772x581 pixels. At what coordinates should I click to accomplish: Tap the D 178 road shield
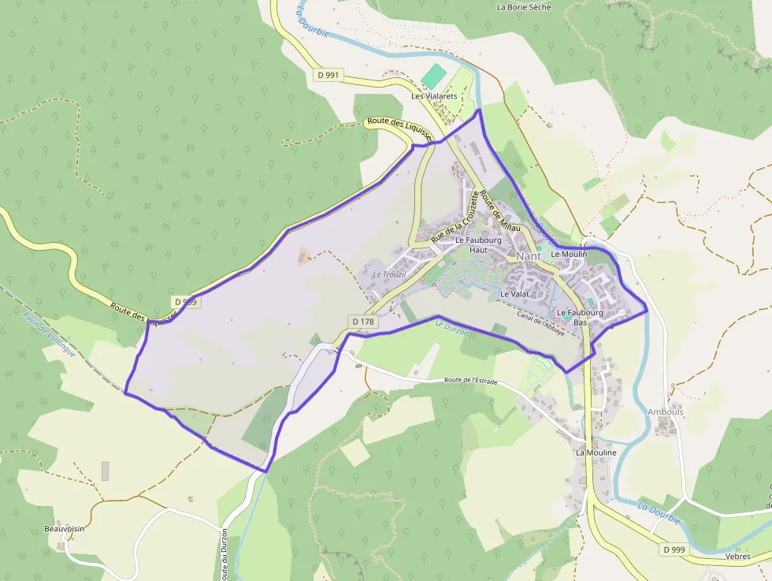[363, 322]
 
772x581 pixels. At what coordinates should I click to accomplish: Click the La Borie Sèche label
[524, 7]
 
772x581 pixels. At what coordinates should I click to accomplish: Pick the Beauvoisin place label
[65, 528]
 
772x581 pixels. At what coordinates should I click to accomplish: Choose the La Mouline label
[596, 453]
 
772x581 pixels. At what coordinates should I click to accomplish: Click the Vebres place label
[738, 556]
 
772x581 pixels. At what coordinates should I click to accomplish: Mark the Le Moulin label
[569, 255]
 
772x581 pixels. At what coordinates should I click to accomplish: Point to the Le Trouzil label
[388, 274]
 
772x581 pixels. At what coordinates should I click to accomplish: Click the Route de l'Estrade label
[474, 380]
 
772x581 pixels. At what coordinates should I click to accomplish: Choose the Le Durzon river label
[452, 328]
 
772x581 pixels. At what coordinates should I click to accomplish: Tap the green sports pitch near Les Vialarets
[432, 76]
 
